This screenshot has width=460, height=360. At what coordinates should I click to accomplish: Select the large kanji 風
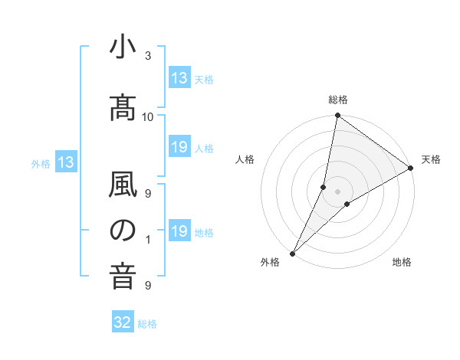123,185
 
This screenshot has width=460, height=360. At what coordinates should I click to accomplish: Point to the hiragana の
123,231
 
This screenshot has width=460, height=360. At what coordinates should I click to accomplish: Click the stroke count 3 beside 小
148,56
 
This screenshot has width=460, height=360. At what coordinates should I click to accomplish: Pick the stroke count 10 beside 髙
148,116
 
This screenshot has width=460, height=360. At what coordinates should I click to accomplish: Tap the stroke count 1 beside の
148,240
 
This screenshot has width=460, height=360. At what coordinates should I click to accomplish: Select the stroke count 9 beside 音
148,286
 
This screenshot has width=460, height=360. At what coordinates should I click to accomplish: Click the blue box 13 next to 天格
179,78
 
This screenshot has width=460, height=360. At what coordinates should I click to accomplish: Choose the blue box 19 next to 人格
179,147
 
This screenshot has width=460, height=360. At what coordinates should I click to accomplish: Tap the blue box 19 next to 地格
179,231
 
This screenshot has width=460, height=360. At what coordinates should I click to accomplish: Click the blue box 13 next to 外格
65,162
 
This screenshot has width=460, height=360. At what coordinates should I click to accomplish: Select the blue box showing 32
123,323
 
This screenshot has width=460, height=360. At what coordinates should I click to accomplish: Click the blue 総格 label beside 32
147,324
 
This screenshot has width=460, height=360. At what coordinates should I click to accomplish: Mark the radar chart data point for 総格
337,116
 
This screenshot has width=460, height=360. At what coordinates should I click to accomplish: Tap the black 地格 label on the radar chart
402,262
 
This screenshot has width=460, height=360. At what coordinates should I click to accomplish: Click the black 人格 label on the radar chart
245,159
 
